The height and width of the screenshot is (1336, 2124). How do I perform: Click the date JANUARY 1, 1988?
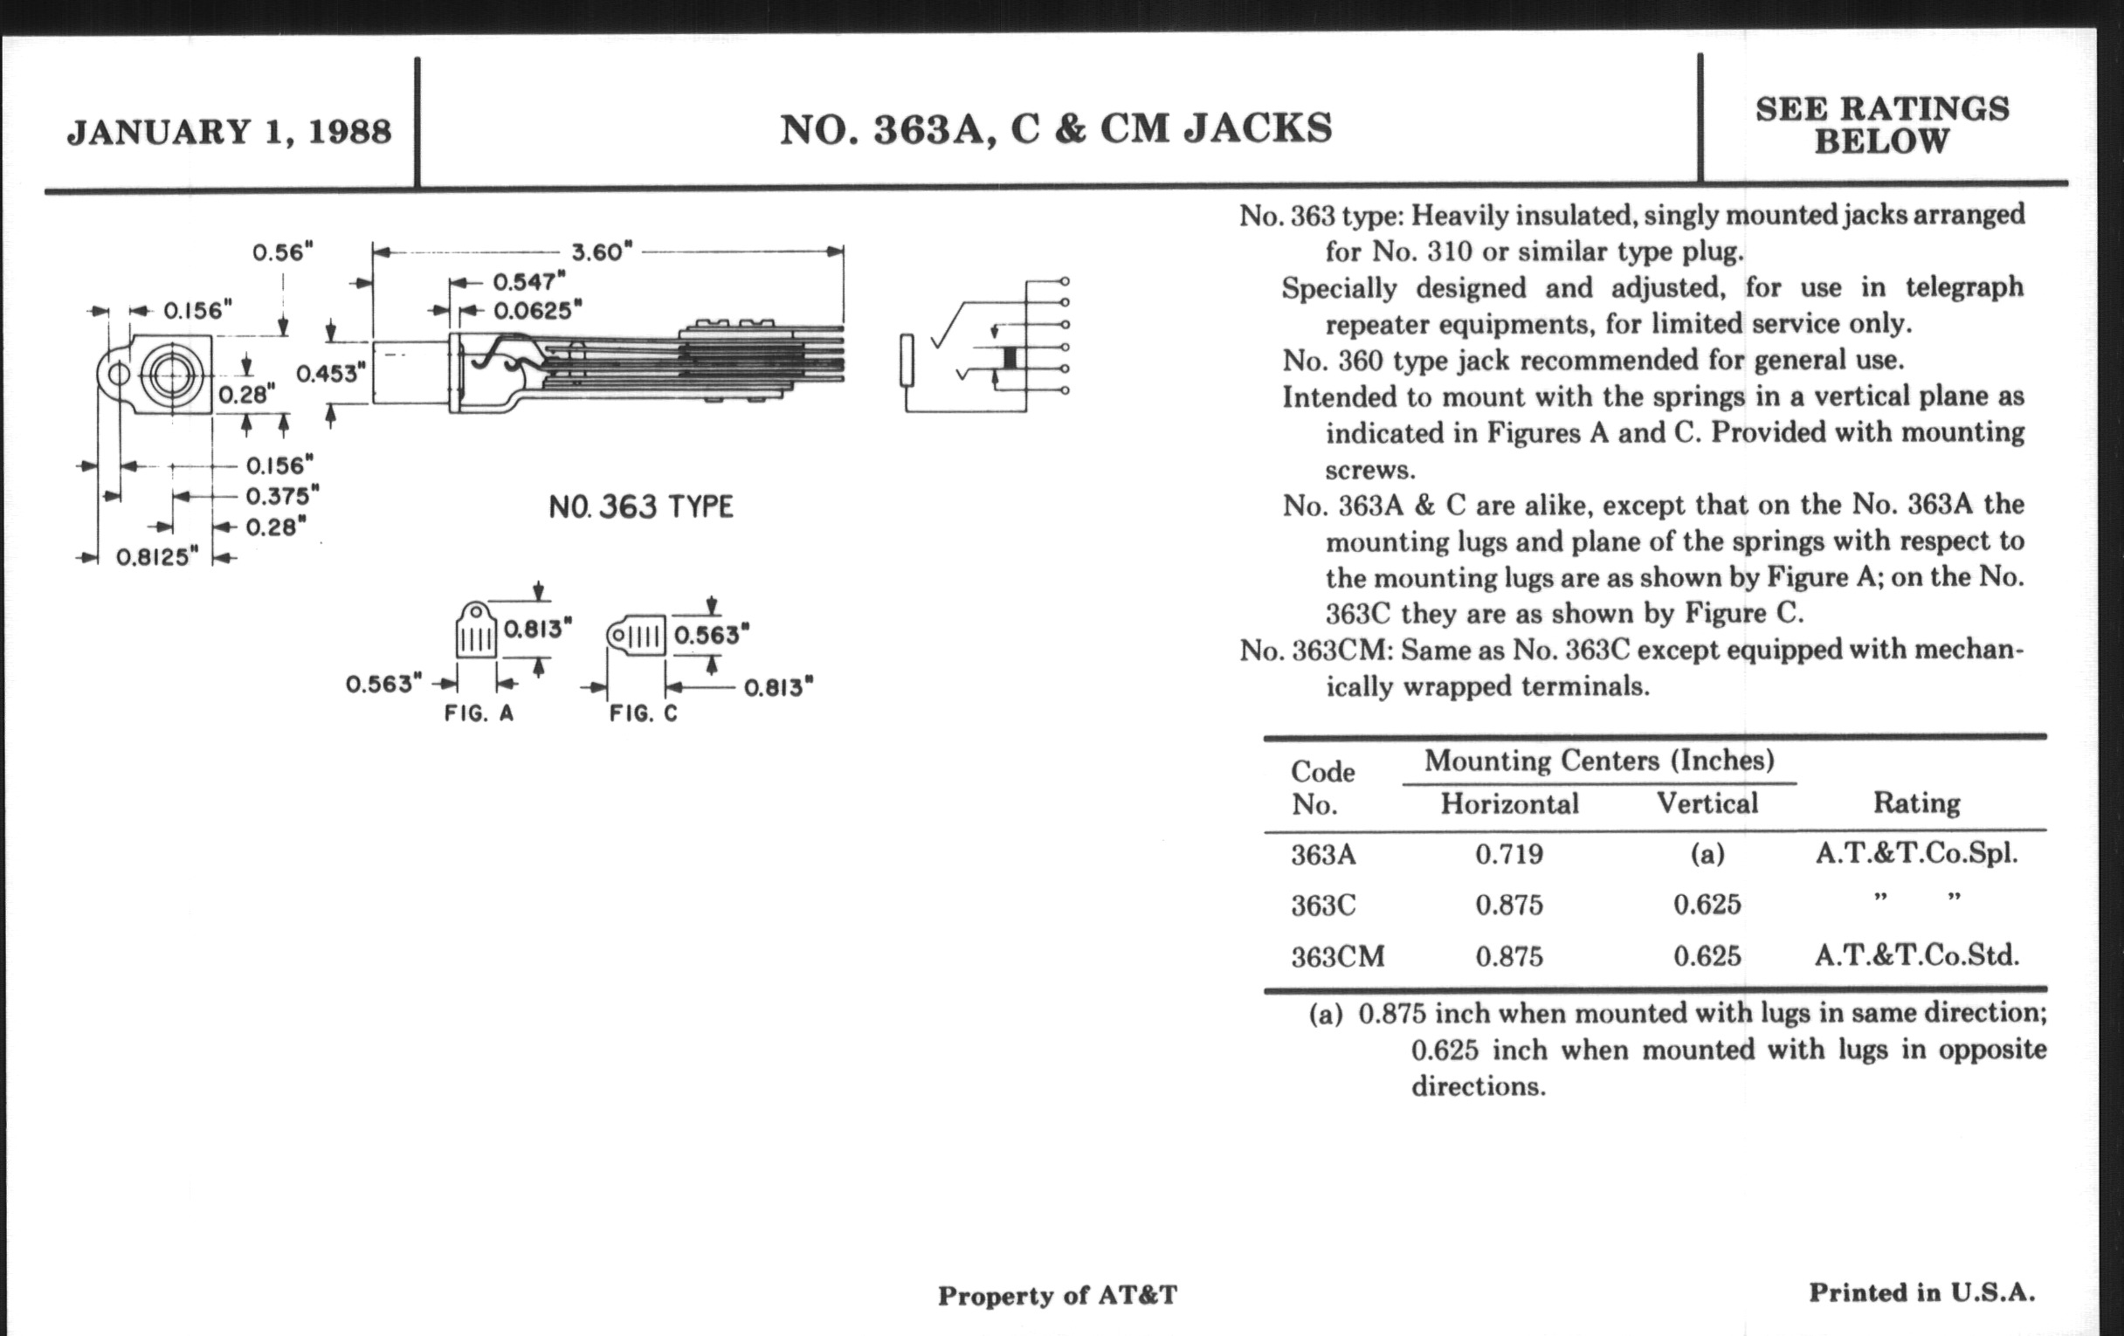pyautogui.click(x=230, y=132)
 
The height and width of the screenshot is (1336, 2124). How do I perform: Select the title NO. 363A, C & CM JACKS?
pyautogui.click(x=1056, y=128)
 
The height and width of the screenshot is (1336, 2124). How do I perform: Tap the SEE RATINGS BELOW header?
pyautogui.click(x=1881, y=124)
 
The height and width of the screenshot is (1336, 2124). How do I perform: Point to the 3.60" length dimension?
pyautogui.click(x=602, y=252)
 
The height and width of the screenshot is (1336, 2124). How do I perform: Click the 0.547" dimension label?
pyautogui.click(x=528, y=282)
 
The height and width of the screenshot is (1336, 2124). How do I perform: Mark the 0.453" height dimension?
pyautogui.click(x=330, y=373)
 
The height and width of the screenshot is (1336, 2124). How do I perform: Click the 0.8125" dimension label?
pyautogui.click(x=158, y=557)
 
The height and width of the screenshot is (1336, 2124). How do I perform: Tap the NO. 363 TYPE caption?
pyautogui.click(x=640, y=507)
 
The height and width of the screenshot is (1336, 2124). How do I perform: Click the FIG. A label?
pyautogui.click(x=479, y=713)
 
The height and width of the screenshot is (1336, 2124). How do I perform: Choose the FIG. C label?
pyautogui.click(x=644, y=713)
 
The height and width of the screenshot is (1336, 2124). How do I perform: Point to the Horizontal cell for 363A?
pyautogui.click(x=1509, y=854)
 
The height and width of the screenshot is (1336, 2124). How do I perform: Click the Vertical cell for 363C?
pyautogui.click(x=1707, y=905)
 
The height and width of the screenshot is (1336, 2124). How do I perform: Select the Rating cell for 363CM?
pyautogui.click(x=1916, y=955)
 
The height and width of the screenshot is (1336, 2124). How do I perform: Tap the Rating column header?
pyautogui.click(x=1916, y=802)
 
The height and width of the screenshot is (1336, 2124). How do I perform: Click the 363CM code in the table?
pyautogui.click(x=1337, y=957)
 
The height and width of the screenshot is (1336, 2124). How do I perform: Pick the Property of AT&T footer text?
pyautogui.click(x=1057, y=1296)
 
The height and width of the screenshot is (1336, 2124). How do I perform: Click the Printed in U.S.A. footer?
pyautogui.click(x=1922, y=1293)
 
